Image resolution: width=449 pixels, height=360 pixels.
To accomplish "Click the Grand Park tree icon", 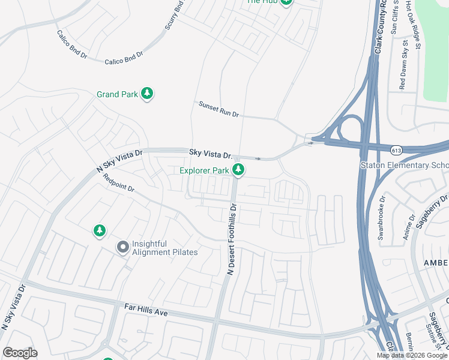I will (x=148, y=94).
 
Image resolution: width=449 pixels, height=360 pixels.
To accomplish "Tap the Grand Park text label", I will (x=117, y=94).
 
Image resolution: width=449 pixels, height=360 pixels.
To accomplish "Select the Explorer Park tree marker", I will (x=239, y=170).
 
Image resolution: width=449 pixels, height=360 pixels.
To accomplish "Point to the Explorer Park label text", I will (x=204, y=171).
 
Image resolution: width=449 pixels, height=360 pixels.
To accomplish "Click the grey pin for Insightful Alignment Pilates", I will (x=123, y=247).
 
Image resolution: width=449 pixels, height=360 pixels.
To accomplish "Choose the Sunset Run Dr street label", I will (x=219, y=109).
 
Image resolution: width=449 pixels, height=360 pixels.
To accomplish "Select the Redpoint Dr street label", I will (x=118, y=183).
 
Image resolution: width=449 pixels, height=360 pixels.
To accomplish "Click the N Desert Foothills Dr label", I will (x=232, y=239).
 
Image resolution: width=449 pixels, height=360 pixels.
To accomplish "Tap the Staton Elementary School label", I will (x=403, y=166).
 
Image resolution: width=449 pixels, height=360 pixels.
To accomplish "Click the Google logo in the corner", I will (x=20, y=353).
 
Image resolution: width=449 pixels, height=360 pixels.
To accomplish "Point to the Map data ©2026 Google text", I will (x=412, y=355).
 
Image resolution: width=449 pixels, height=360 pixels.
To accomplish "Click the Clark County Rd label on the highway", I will (x=379, y=30).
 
